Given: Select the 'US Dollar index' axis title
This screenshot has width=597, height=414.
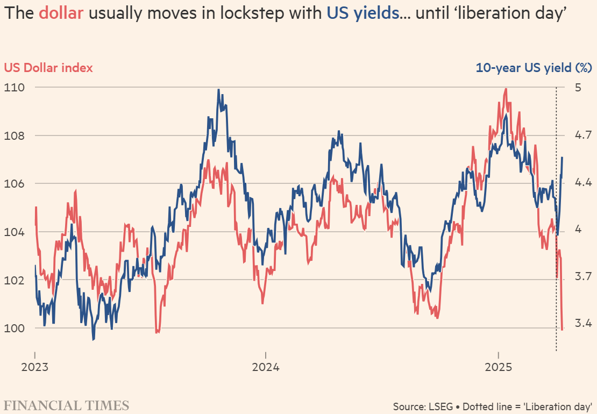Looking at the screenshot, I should [x=48, y=68].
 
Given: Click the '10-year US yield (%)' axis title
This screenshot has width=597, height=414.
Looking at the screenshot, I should [x=534, y=68].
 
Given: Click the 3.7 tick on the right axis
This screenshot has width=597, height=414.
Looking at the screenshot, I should [x=581, y=276].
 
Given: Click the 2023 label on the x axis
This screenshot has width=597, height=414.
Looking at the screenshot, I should [x=35, y=369].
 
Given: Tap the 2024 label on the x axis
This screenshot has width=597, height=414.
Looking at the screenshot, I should [x=266, y=369].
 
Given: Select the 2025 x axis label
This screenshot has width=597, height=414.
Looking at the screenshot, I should [x=498, y=369].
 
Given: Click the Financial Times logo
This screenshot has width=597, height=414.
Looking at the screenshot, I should [x=67, y=405].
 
